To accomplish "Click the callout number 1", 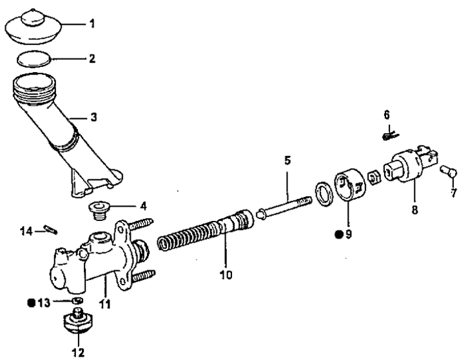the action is point(92,23).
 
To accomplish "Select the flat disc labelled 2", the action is point(34,59).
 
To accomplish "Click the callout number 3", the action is point(93,117).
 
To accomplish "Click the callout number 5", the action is point(287,161).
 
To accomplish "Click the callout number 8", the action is point(414,210).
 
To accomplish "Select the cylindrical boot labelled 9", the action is point(349,185).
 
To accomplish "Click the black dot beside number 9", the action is point(338,234).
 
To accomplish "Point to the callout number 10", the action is point(226,275).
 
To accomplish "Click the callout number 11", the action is point(104,304).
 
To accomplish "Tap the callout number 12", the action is point(78,352).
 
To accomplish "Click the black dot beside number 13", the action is point(31,303).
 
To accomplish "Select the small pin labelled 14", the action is point(50,230).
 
